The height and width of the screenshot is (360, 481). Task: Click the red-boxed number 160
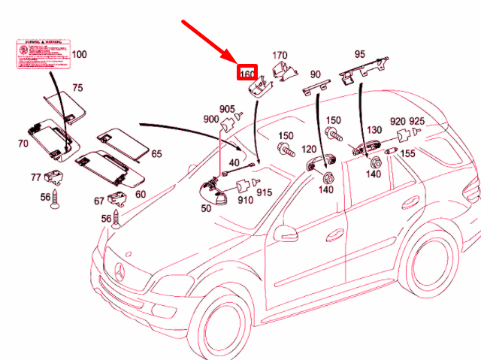[247, 74]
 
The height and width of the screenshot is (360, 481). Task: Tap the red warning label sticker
[41, 55]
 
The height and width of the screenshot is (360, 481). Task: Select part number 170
[279, 56]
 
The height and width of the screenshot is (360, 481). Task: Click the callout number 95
[359, 54]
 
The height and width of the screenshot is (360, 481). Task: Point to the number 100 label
[79, 55]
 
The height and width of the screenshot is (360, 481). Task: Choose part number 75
[77, 88]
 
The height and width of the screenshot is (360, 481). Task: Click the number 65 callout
[156, 154]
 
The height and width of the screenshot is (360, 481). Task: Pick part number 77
[35, 178]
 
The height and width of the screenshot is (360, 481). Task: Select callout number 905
[227, 109]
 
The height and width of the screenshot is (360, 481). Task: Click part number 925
[416, 121]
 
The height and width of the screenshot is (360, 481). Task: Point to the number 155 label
[407, 153]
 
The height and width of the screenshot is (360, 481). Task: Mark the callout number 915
[264, 193]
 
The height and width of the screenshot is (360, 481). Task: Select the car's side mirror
[285, 234]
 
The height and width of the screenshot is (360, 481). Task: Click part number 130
[374, 130]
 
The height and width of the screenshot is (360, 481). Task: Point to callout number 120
[309, 150]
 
